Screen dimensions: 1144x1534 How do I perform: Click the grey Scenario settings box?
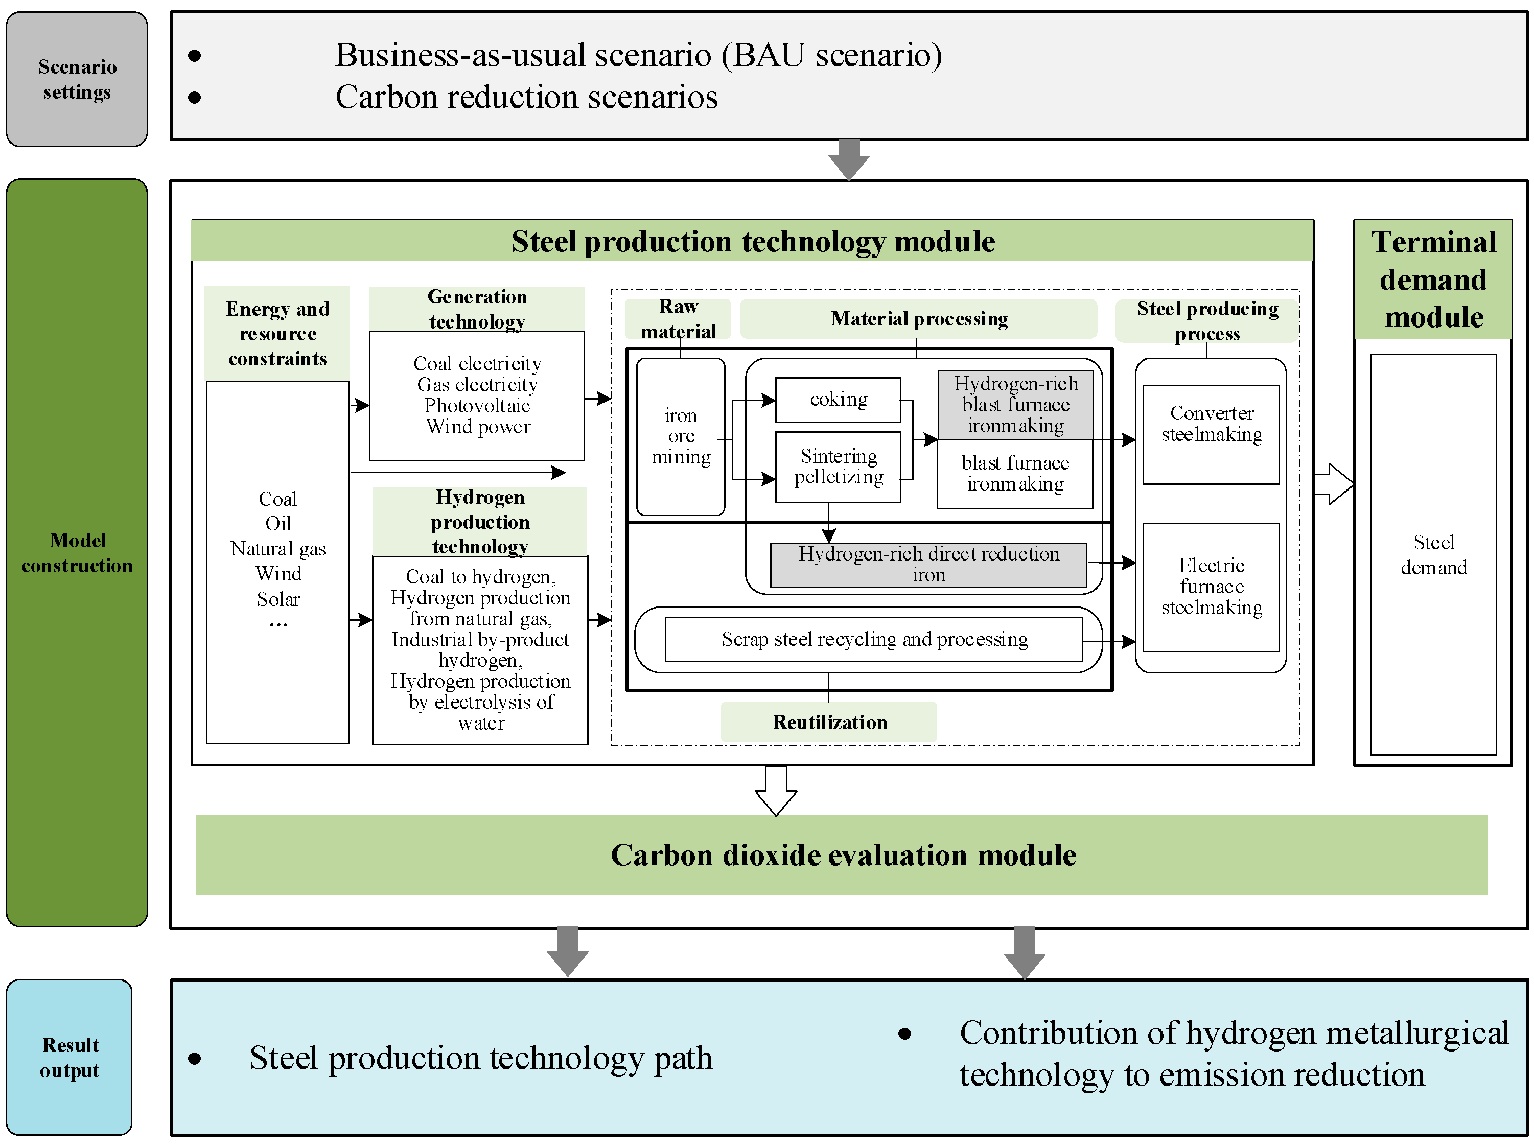[76, 79]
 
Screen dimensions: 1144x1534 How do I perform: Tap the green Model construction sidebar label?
[76, 553]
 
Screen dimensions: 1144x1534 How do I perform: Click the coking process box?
[838, 400]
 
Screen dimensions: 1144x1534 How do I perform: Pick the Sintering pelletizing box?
[838, 466]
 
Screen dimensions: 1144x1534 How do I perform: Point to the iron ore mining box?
[680, 436]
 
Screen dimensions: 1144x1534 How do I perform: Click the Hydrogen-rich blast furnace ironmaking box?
[1015, 405]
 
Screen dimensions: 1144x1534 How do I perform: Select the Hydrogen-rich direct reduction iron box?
[928, 565]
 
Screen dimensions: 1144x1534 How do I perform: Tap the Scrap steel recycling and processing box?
[873, 639]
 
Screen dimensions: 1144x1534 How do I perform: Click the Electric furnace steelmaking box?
[1211, 587]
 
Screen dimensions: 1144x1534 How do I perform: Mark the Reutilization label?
[829, 722]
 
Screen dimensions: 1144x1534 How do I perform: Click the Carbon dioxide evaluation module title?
[842, 855]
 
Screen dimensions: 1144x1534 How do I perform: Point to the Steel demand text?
[1433, 555]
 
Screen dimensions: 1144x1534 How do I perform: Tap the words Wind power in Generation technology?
[478, 427]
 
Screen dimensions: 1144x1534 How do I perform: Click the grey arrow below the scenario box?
[849, 159]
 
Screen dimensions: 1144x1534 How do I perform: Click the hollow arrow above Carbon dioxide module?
[776, 791]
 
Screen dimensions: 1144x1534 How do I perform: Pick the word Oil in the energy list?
[277, 524]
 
